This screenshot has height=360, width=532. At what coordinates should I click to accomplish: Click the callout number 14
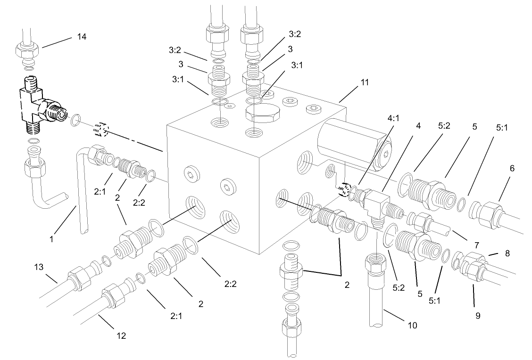(x=82, y=37)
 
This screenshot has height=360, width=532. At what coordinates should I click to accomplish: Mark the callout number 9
(x=478, y=315)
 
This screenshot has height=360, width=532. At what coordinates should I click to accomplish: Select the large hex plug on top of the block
(x=263, y=114)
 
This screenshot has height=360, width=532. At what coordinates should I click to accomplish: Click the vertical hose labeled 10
(x=376, y=302)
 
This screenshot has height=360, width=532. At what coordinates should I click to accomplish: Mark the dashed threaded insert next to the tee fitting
(x=101, y=129)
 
